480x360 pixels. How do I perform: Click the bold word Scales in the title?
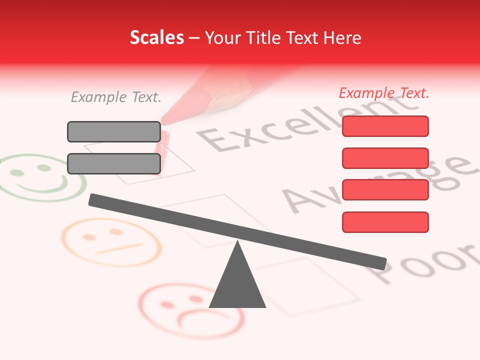click(156, 37)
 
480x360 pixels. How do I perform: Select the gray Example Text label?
click(116, 97)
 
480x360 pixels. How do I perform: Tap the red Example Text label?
click(384, 93)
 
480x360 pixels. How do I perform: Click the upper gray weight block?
click(114, 131)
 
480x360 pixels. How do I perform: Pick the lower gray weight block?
click(114, 163)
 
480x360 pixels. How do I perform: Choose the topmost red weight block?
click(385, 126)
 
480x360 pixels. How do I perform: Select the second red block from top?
click(385, 158)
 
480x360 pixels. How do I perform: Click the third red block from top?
click(385, 190)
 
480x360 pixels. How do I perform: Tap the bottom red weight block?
click(385, 222)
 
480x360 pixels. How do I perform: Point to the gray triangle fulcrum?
click(237, 282)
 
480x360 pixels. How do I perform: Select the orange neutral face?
click(107, 242)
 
